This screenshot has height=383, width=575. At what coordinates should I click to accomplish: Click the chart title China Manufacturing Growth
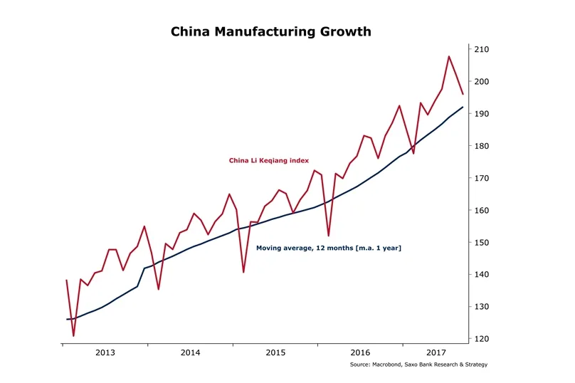coord(270,32)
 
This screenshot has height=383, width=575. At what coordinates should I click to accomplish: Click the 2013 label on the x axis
coord(105,352)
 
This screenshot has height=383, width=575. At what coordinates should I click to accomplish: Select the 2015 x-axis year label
coord(275,352)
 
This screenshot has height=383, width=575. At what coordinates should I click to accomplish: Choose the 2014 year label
coord(190,352)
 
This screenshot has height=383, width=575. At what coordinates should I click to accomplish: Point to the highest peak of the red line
coord(449,56)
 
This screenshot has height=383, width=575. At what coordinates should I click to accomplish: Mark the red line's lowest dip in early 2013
coord(73,335)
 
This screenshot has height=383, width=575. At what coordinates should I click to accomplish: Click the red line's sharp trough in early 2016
coord(328,236)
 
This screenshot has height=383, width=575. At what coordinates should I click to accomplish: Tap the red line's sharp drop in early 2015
coord(243,272)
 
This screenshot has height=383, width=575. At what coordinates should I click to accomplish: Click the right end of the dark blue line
coord(463,107)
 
